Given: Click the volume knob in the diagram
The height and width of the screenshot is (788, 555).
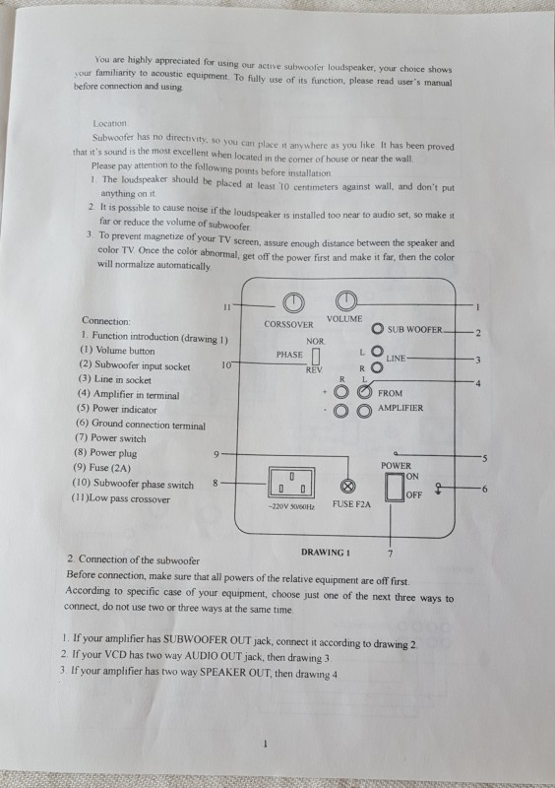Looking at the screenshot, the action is (345, 301).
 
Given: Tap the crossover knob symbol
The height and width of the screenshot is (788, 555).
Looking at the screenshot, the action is (293, 302).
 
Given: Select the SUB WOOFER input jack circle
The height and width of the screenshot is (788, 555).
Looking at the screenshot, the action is (378, 329).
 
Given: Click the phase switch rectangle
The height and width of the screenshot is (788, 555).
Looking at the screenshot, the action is (316, 356).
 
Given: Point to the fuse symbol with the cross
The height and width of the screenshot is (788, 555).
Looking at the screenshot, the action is (348, 486).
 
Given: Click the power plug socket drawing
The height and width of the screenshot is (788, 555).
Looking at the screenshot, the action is (291, 483).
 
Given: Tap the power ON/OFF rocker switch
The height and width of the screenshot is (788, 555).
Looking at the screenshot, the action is (395, 487).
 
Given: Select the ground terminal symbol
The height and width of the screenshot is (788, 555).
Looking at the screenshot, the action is (439, 489).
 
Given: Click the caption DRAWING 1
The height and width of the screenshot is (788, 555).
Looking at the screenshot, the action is (326, 553).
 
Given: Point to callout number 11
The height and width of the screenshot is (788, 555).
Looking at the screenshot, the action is (227, 306).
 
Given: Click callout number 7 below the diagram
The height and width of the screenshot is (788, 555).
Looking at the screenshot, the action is (391, 554).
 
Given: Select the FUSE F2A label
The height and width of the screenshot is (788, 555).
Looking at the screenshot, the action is (351, 504).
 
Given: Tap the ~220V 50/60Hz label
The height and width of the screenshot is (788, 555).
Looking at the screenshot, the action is (291, 506).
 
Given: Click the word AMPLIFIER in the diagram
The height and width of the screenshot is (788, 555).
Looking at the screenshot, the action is (401, 408).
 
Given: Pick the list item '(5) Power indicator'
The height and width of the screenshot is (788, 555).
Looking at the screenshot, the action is (116, 409).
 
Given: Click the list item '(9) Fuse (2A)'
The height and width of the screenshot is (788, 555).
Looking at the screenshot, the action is (102, 468).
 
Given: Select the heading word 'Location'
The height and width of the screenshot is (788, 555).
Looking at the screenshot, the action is (110, 123).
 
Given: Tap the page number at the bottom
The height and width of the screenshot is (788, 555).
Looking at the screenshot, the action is (265, 744).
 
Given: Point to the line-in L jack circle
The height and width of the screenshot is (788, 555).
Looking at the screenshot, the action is (377, 351).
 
